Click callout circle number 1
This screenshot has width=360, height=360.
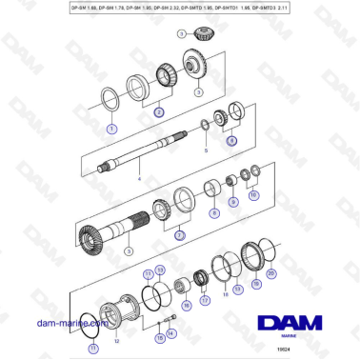(x=111, y=127)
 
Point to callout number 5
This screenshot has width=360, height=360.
(x=202, y=150)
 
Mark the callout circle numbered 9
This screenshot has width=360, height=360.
(x=213, y=212)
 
